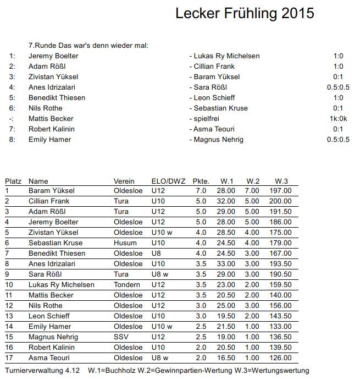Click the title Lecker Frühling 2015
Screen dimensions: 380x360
point(245,14)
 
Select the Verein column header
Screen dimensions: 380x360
point(124,181)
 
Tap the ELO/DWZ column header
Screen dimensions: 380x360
point(168,181)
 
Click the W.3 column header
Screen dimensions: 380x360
point(281,181)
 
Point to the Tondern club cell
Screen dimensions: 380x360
point(126,285)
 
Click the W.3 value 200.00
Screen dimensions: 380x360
point(280,201)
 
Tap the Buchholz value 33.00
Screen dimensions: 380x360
point(226,264)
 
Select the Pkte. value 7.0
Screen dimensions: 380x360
point(201,191)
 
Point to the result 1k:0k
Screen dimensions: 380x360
point(338,119)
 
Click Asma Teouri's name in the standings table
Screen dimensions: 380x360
point(49,358)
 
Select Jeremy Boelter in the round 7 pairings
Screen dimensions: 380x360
point(53,56)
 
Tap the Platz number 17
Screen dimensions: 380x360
point(9,358)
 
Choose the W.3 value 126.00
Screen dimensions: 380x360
point(280,358)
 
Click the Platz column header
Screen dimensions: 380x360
point(13,181)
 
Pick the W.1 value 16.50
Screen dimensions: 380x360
point(226,358)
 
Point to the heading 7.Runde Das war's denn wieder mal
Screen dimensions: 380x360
point(88,46)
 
